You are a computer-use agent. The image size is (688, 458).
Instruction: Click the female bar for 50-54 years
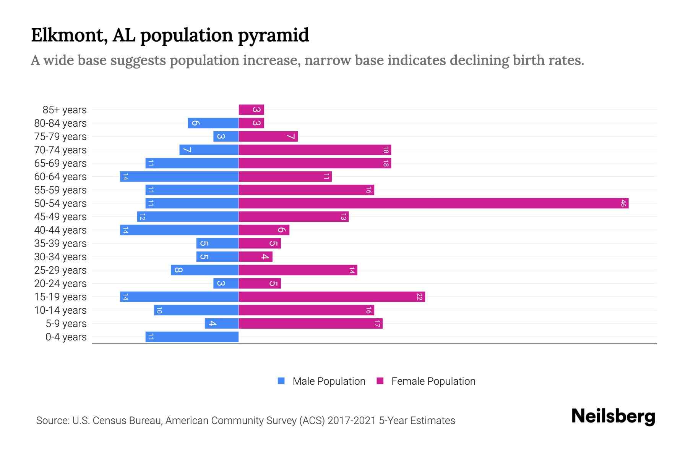(433, 203)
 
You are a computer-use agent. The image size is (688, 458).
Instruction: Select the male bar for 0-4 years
(192, 337)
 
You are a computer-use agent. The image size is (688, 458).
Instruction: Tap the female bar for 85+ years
(251, 110)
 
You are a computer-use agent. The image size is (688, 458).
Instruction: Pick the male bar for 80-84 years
(213, 123)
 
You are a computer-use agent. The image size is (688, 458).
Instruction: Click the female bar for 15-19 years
(332, 297)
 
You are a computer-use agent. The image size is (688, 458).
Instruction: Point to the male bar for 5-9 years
(222, 324)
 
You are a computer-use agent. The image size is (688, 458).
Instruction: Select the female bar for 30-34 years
(255, 257)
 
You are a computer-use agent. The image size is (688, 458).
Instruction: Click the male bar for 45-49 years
(188, 217)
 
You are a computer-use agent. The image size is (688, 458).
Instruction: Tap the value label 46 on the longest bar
(623, 203)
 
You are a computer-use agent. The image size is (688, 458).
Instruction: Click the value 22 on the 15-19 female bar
(419, 297)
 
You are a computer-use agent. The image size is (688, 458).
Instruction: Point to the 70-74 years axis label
(60, 150)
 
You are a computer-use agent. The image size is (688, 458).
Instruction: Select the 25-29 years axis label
(60, 270)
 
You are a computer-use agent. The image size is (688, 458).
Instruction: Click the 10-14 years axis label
(60, 310)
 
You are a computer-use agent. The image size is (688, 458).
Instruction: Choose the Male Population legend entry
(329, 381)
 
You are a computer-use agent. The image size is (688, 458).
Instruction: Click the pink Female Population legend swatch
(380, 381)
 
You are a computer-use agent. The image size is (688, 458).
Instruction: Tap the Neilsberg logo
(613, 416)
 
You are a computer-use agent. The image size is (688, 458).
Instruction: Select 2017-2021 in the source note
(351, 421)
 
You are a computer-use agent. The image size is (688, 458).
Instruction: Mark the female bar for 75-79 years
(268, 137)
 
